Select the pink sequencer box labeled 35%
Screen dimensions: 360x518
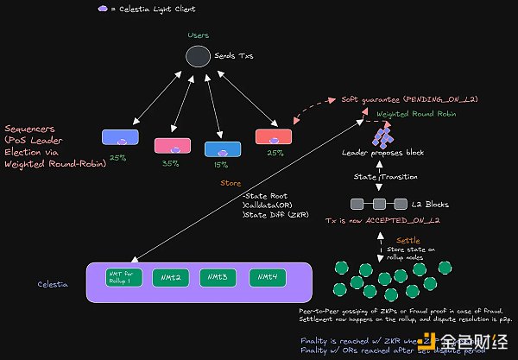click(171, 144)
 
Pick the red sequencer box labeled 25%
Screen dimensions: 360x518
click(274, 136)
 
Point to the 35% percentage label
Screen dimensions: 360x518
click(171, 162)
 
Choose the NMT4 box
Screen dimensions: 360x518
click(268, 277)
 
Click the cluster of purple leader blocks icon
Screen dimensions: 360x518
click(382, 135)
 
